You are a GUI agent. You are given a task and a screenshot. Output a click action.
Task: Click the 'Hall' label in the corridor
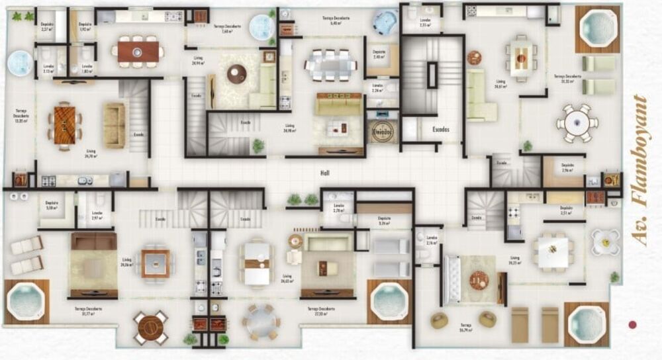point(324,173)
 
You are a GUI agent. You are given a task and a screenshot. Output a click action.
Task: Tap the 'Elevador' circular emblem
point(383,129)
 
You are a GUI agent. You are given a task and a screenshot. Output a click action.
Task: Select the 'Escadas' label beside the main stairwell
point(440,130)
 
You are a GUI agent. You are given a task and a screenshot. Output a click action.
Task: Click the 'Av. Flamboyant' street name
point(639,170)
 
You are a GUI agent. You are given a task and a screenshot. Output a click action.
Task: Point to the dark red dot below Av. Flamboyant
point(632,325)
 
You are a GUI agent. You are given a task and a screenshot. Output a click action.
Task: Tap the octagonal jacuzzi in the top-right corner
point(597,28)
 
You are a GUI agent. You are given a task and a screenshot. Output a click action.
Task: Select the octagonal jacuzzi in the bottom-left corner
point(26,302)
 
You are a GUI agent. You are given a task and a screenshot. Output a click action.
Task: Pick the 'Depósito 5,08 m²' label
point(52,206)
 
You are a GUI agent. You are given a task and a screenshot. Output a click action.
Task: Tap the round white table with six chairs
point(577,122)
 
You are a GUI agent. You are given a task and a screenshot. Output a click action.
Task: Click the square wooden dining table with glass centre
point(156,263)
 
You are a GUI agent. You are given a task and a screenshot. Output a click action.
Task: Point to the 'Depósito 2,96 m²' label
point(567,167)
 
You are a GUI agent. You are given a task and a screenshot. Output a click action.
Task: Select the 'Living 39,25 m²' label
point(514,260)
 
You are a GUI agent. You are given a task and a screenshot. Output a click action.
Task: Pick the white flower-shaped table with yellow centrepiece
point(605,242)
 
